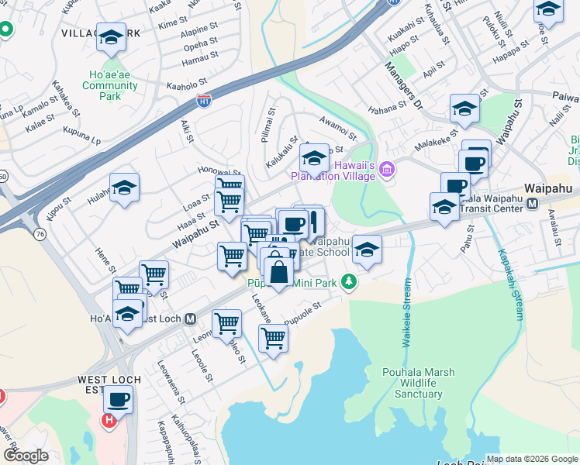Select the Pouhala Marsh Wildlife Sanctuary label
point(412,383)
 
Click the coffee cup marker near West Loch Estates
point(118,399)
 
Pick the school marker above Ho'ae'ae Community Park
point(111,36)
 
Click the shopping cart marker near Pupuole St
point(273,338)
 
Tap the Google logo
point(26,456)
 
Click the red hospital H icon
point(109,420)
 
